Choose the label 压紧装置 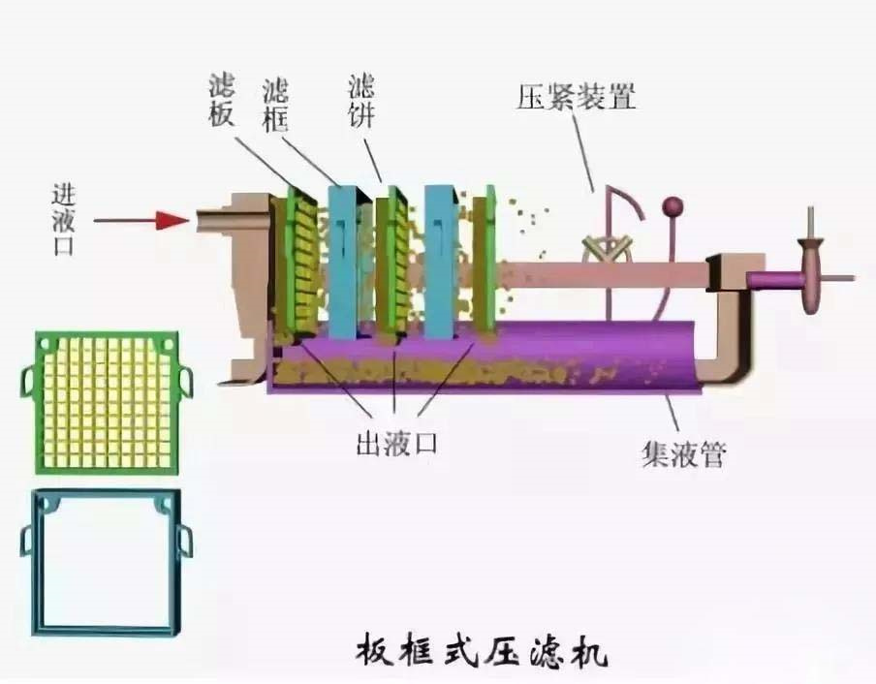click(x=577, y=98)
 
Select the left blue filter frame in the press click(x=343, y=262)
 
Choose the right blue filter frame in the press click(x=441, y=262)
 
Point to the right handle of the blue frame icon click(x=186, y=539)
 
